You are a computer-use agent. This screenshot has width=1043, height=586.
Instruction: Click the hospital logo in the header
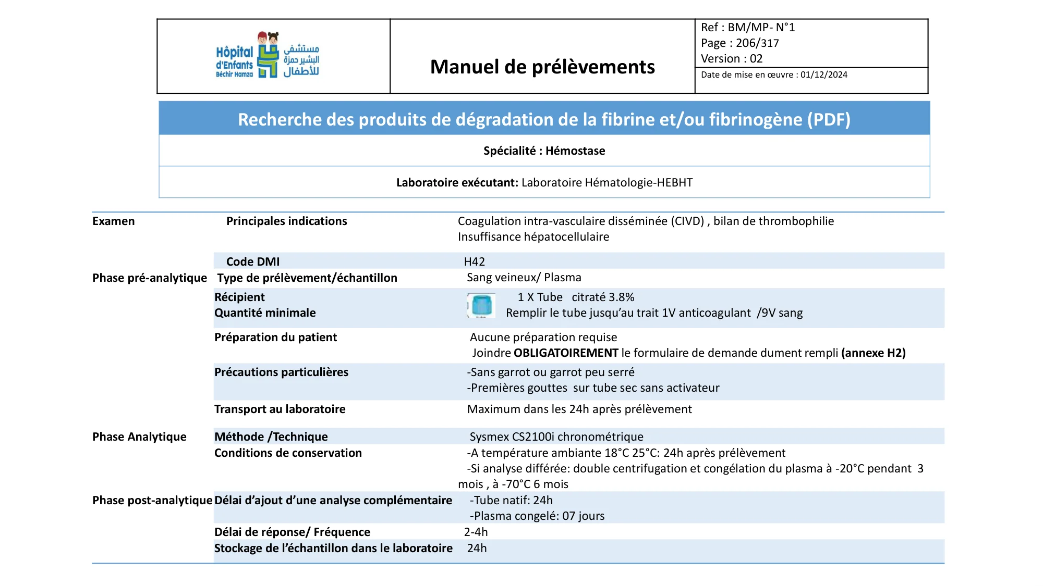coord(268,56)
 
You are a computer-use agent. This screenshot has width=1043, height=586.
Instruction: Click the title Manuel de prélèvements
coord(542,67)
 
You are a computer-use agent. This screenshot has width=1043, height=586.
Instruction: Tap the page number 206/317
coord(757,43)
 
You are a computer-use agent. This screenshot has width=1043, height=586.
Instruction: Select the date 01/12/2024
coord(824,75)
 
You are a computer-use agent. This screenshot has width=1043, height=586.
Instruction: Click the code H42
coord(475,261)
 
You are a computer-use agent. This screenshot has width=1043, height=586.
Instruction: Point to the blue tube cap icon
coord(481,305)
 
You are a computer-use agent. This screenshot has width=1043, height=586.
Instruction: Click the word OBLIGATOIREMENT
coord(566,353)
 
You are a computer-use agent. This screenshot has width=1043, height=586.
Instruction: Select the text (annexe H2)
coord(873,353)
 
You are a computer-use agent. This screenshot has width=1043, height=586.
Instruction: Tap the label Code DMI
coord(253,261)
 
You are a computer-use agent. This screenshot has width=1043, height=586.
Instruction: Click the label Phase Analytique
coord(139,437)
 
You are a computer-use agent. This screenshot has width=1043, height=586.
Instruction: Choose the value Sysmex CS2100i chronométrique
coord(556,437)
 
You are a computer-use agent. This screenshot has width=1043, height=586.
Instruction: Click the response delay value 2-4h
coord(476,532)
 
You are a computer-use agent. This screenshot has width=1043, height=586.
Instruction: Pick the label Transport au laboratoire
coord(280,409)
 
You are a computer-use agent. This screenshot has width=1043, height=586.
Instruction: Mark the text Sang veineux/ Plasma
coord(524,278)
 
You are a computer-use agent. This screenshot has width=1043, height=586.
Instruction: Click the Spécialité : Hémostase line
coord(544,151)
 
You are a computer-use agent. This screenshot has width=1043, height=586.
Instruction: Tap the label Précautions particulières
coord(281,372)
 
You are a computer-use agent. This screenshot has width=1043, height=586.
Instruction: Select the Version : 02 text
coord(732,59)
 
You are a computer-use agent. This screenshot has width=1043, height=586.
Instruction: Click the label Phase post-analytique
coord(152,501)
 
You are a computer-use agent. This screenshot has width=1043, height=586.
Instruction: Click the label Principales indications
coord(286,221)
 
